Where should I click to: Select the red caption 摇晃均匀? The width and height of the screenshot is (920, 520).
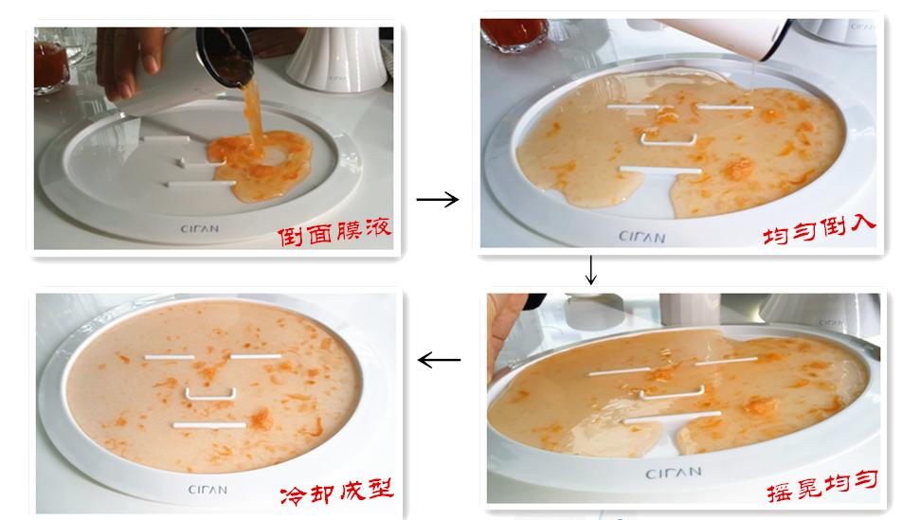pos(821,482)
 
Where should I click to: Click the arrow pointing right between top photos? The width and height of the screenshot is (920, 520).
pos(437,200)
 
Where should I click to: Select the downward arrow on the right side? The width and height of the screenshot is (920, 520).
pos(591,271)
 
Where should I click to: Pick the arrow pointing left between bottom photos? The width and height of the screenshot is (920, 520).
pos(439,360)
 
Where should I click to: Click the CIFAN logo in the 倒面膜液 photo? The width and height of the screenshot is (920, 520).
pos(201,228)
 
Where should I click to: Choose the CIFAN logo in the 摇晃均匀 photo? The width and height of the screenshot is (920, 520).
pos(674,471)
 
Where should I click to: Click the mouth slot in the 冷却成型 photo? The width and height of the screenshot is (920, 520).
pos(208,425)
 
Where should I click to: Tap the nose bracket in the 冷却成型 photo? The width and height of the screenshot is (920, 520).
pos(210,391)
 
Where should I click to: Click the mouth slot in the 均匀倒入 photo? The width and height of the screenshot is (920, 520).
pos(660,170)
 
